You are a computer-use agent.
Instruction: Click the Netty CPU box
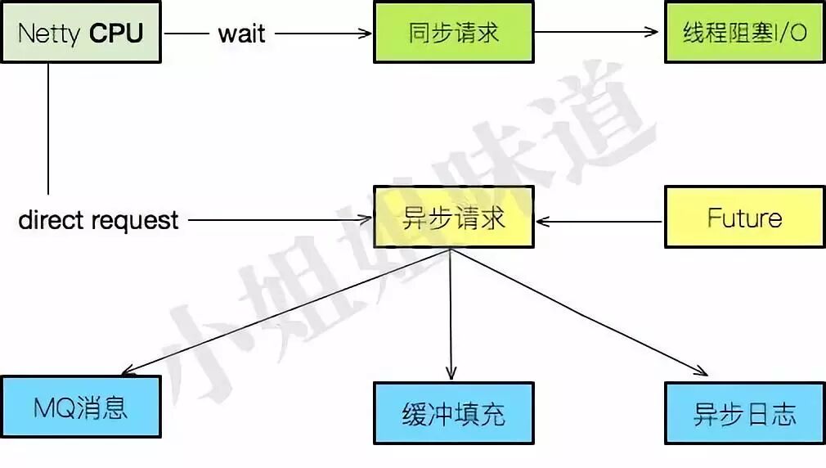pyautogui.click(x=80, y=33)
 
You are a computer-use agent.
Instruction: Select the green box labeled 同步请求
pyautogui.click(x=453, y=33)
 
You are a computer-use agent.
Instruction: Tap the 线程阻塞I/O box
pyautogui.click(x=744, y=33)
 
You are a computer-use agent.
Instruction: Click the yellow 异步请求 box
pyautogui.click(x=453, y=218)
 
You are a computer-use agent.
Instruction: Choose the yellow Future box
pyautogui.click(x=744, y=218)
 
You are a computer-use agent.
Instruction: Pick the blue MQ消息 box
pyautogui.click(x=80, y=407)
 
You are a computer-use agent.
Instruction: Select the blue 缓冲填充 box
pyautogui.click(x=453, y=413)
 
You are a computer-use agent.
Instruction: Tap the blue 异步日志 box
pyautogui.click(x=744, y=413)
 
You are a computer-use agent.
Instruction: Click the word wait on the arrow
pyautogui.click(x=241, y=34)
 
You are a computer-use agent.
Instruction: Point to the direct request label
pyautogui.click(x=98, y=219)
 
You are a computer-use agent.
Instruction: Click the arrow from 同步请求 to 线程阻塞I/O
pyautogui.click(x=597, y=33)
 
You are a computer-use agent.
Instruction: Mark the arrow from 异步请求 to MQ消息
pyautogui.click(x=286, y=312)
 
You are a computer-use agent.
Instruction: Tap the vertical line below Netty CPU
pyautogui.click(x=48, y=127)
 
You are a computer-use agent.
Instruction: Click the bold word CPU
pyautogui.click(x=116, y=33)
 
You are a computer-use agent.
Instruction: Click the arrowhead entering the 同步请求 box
pyautogui.click(x=366, y=34)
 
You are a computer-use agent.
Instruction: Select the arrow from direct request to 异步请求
pyautogui.click(x=278, y=219)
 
